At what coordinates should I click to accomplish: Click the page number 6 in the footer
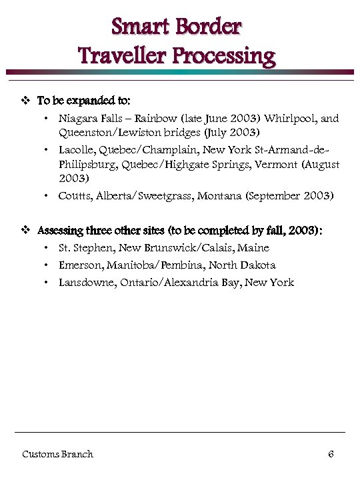pyautogui.click(x=331, y=454)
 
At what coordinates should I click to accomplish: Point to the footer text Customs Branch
pyautogui.click(x=57, y=454)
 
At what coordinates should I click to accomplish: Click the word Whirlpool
pyautogui.click(x=291, y=119)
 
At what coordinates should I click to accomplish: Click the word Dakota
pyautogui.click(x=257, y=265)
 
